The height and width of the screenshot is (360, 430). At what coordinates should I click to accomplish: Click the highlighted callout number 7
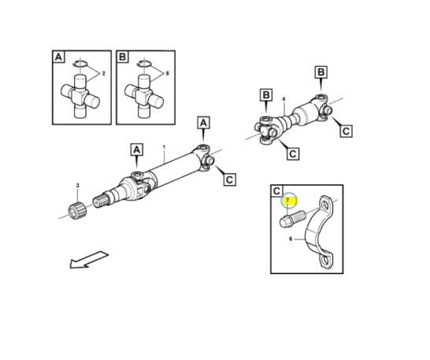coord(287,200)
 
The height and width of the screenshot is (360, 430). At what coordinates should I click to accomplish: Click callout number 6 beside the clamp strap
coord(291,239)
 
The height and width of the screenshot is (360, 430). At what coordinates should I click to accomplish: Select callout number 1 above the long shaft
coord(164,147)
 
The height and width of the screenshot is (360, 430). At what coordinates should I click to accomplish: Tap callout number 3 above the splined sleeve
coord(78,186)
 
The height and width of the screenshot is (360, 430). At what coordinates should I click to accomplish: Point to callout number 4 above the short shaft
coord(284,98)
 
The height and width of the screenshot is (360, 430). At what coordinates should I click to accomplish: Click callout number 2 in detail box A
coord(103,73)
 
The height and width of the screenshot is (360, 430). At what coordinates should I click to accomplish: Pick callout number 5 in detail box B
coord(167,73)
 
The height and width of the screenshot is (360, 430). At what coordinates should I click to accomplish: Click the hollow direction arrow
coord(89,260)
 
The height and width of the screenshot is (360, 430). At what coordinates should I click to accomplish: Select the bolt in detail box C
coord(292,218)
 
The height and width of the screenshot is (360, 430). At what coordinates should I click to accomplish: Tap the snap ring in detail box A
coord(80,63)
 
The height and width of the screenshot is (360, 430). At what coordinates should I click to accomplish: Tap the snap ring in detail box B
coord(144,63)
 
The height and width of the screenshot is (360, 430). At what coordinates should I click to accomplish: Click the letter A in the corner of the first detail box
coord(58,57)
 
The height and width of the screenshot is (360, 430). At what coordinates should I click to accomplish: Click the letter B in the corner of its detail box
coord(122,57)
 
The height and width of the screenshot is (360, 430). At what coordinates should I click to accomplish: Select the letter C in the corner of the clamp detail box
coord(276,191)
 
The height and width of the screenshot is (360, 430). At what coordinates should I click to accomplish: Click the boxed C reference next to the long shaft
coord(229,180)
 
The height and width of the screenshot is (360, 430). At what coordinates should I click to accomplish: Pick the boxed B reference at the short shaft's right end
coord(321,72)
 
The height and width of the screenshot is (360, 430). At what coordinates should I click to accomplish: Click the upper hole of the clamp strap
coord(325,205)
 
